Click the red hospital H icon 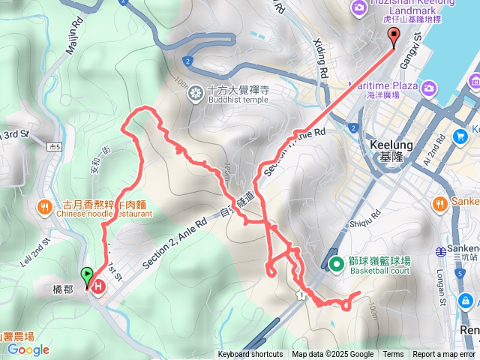click(x=99, y=285)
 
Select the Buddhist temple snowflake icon click(x=195, y=93)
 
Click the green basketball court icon click(x=338, y=263)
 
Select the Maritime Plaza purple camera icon click(x=429, y=89)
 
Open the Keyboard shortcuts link click(x=250, y=355)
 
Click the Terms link click(x=393, y=355)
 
